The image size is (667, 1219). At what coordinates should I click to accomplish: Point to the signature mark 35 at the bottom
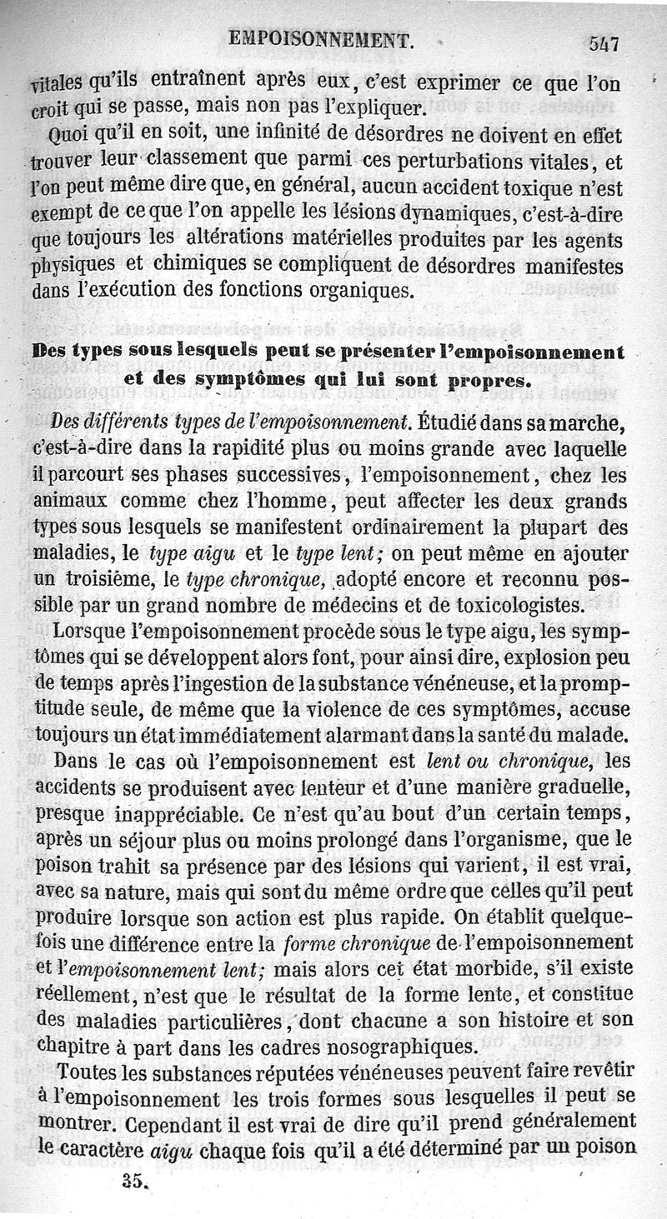(x=133, y=1180)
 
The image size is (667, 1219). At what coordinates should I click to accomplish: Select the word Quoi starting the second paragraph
(x=69, y=133)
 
